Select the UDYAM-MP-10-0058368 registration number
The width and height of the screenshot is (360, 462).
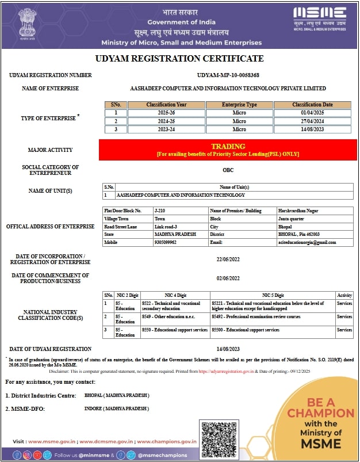(x=228, y=75)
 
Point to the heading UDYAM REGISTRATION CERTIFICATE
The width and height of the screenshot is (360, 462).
(x=179, y=59)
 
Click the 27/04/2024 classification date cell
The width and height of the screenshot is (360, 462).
(x=312, y=121)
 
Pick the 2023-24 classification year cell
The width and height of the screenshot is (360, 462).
(x=166, y=129)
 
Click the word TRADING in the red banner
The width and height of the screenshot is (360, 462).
(x=228, y=147)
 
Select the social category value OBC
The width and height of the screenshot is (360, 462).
(x=228, y=170)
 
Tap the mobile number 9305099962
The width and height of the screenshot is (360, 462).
(x=166, y=242)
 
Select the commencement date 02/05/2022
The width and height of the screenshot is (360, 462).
(x=228, y=278)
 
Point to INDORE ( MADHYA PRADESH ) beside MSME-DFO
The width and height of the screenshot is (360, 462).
(x=116, y=408)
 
